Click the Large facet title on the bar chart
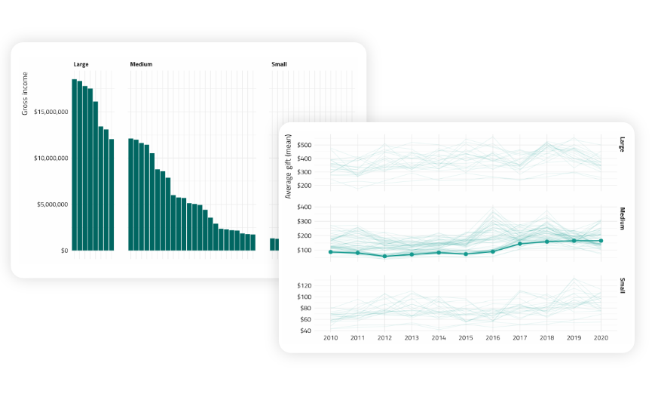tap(81, 64)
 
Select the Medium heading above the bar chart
tap(141, 64)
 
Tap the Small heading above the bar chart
tap(279, 64)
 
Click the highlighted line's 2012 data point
tap(384, 257)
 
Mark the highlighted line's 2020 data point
tap(601, 241)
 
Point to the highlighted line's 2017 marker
tap(520, 244)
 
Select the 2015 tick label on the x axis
tap(466, 338)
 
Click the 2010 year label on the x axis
tap(330, 338)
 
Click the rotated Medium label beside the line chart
tap(623, 218)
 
